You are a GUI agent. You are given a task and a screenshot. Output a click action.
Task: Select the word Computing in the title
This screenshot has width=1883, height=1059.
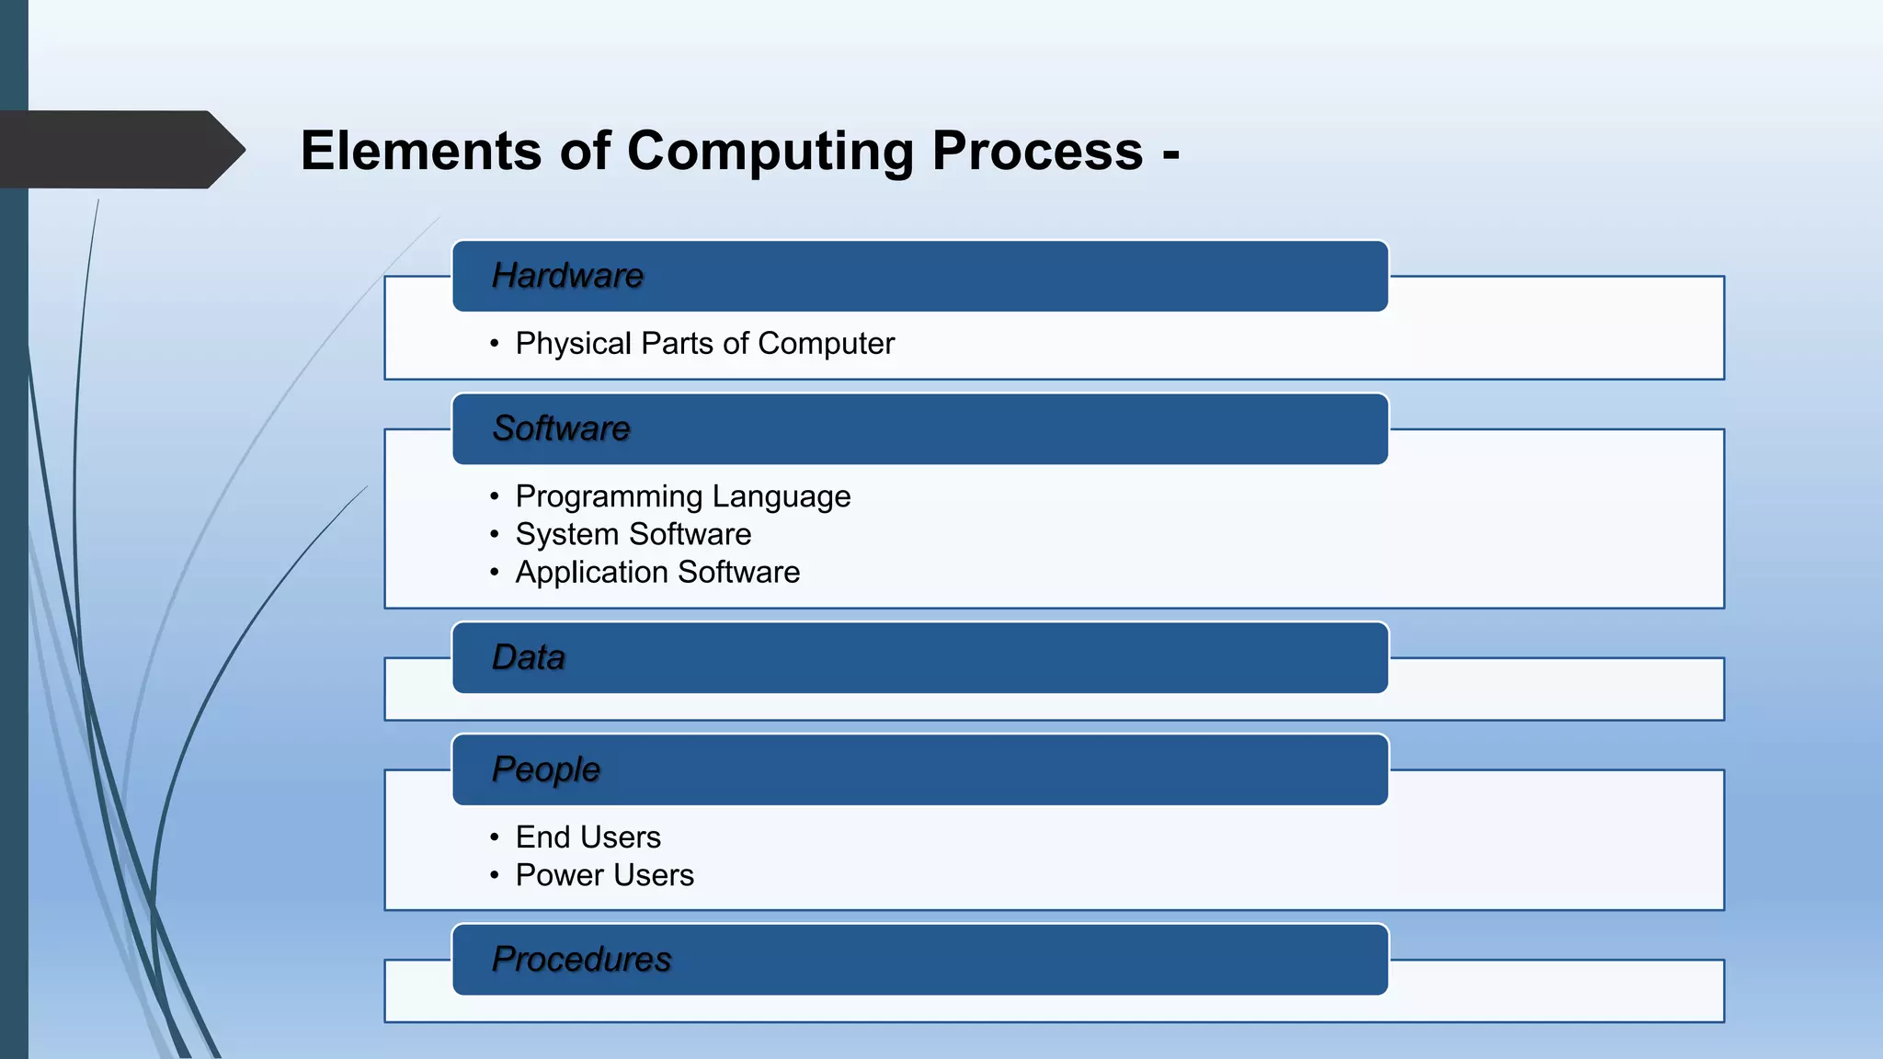pos(770,151)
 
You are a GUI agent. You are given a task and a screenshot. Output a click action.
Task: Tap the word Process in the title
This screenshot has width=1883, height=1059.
pos(1037,151)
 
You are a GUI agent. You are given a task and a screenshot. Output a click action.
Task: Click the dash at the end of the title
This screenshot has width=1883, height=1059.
pos(1170,154)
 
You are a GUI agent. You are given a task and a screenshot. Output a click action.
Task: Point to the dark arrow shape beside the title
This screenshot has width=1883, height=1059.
pos(120,150)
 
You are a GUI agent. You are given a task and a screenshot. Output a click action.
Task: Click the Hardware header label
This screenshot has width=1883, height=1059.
pos(567,276)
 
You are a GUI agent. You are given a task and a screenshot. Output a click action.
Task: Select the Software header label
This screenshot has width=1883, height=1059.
pos(561,428)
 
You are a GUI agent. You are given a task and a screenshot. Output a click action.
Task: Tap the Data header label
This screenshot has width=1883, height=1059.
pos(528,657)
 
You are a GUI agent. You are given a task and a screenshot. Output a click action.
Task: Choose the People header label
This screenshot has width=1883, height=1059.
pos(545,769)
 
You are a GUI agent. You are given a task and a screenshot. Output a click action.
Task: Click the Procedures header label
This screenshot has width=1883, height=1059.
pos(581,959)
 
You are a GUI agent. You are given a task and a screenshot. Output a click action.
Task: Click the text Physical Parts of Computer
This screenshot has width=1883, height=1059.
pos(704,344)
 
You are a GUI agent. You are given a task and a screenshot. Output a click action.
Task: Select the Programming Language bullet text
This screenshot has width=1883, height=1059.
pos(682,496)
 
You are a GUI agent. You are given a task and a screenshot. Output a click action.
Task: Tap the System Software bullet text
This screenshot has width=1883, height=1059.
pos(633,534)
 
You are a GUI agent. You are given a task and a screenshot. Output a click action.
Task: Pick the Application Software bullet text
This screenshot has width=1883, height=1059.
pos(657,572)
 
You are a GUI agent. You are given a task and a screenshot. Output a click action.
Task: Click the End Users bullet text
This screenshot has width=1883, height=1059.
pos(588,837)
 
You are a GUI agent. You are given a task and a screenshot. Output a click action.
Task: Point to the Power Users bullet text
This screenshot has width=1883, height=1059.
pos(604,875)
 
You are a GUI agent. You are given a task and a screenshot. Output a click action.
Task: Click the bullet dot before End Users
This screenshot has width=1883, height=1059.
pos(495,837)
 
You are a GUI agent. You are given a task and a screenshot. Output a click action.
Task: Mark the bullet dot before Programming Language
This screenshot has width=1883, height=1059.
pos(495,496)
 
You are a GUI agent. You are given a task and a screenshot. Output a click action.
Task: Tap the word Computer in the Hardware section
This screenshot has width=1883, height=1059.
pos(826,344)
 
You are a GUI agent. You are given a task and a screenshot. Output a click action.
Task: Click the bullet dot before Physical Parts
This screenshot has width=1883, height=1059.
pos(495,344)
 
